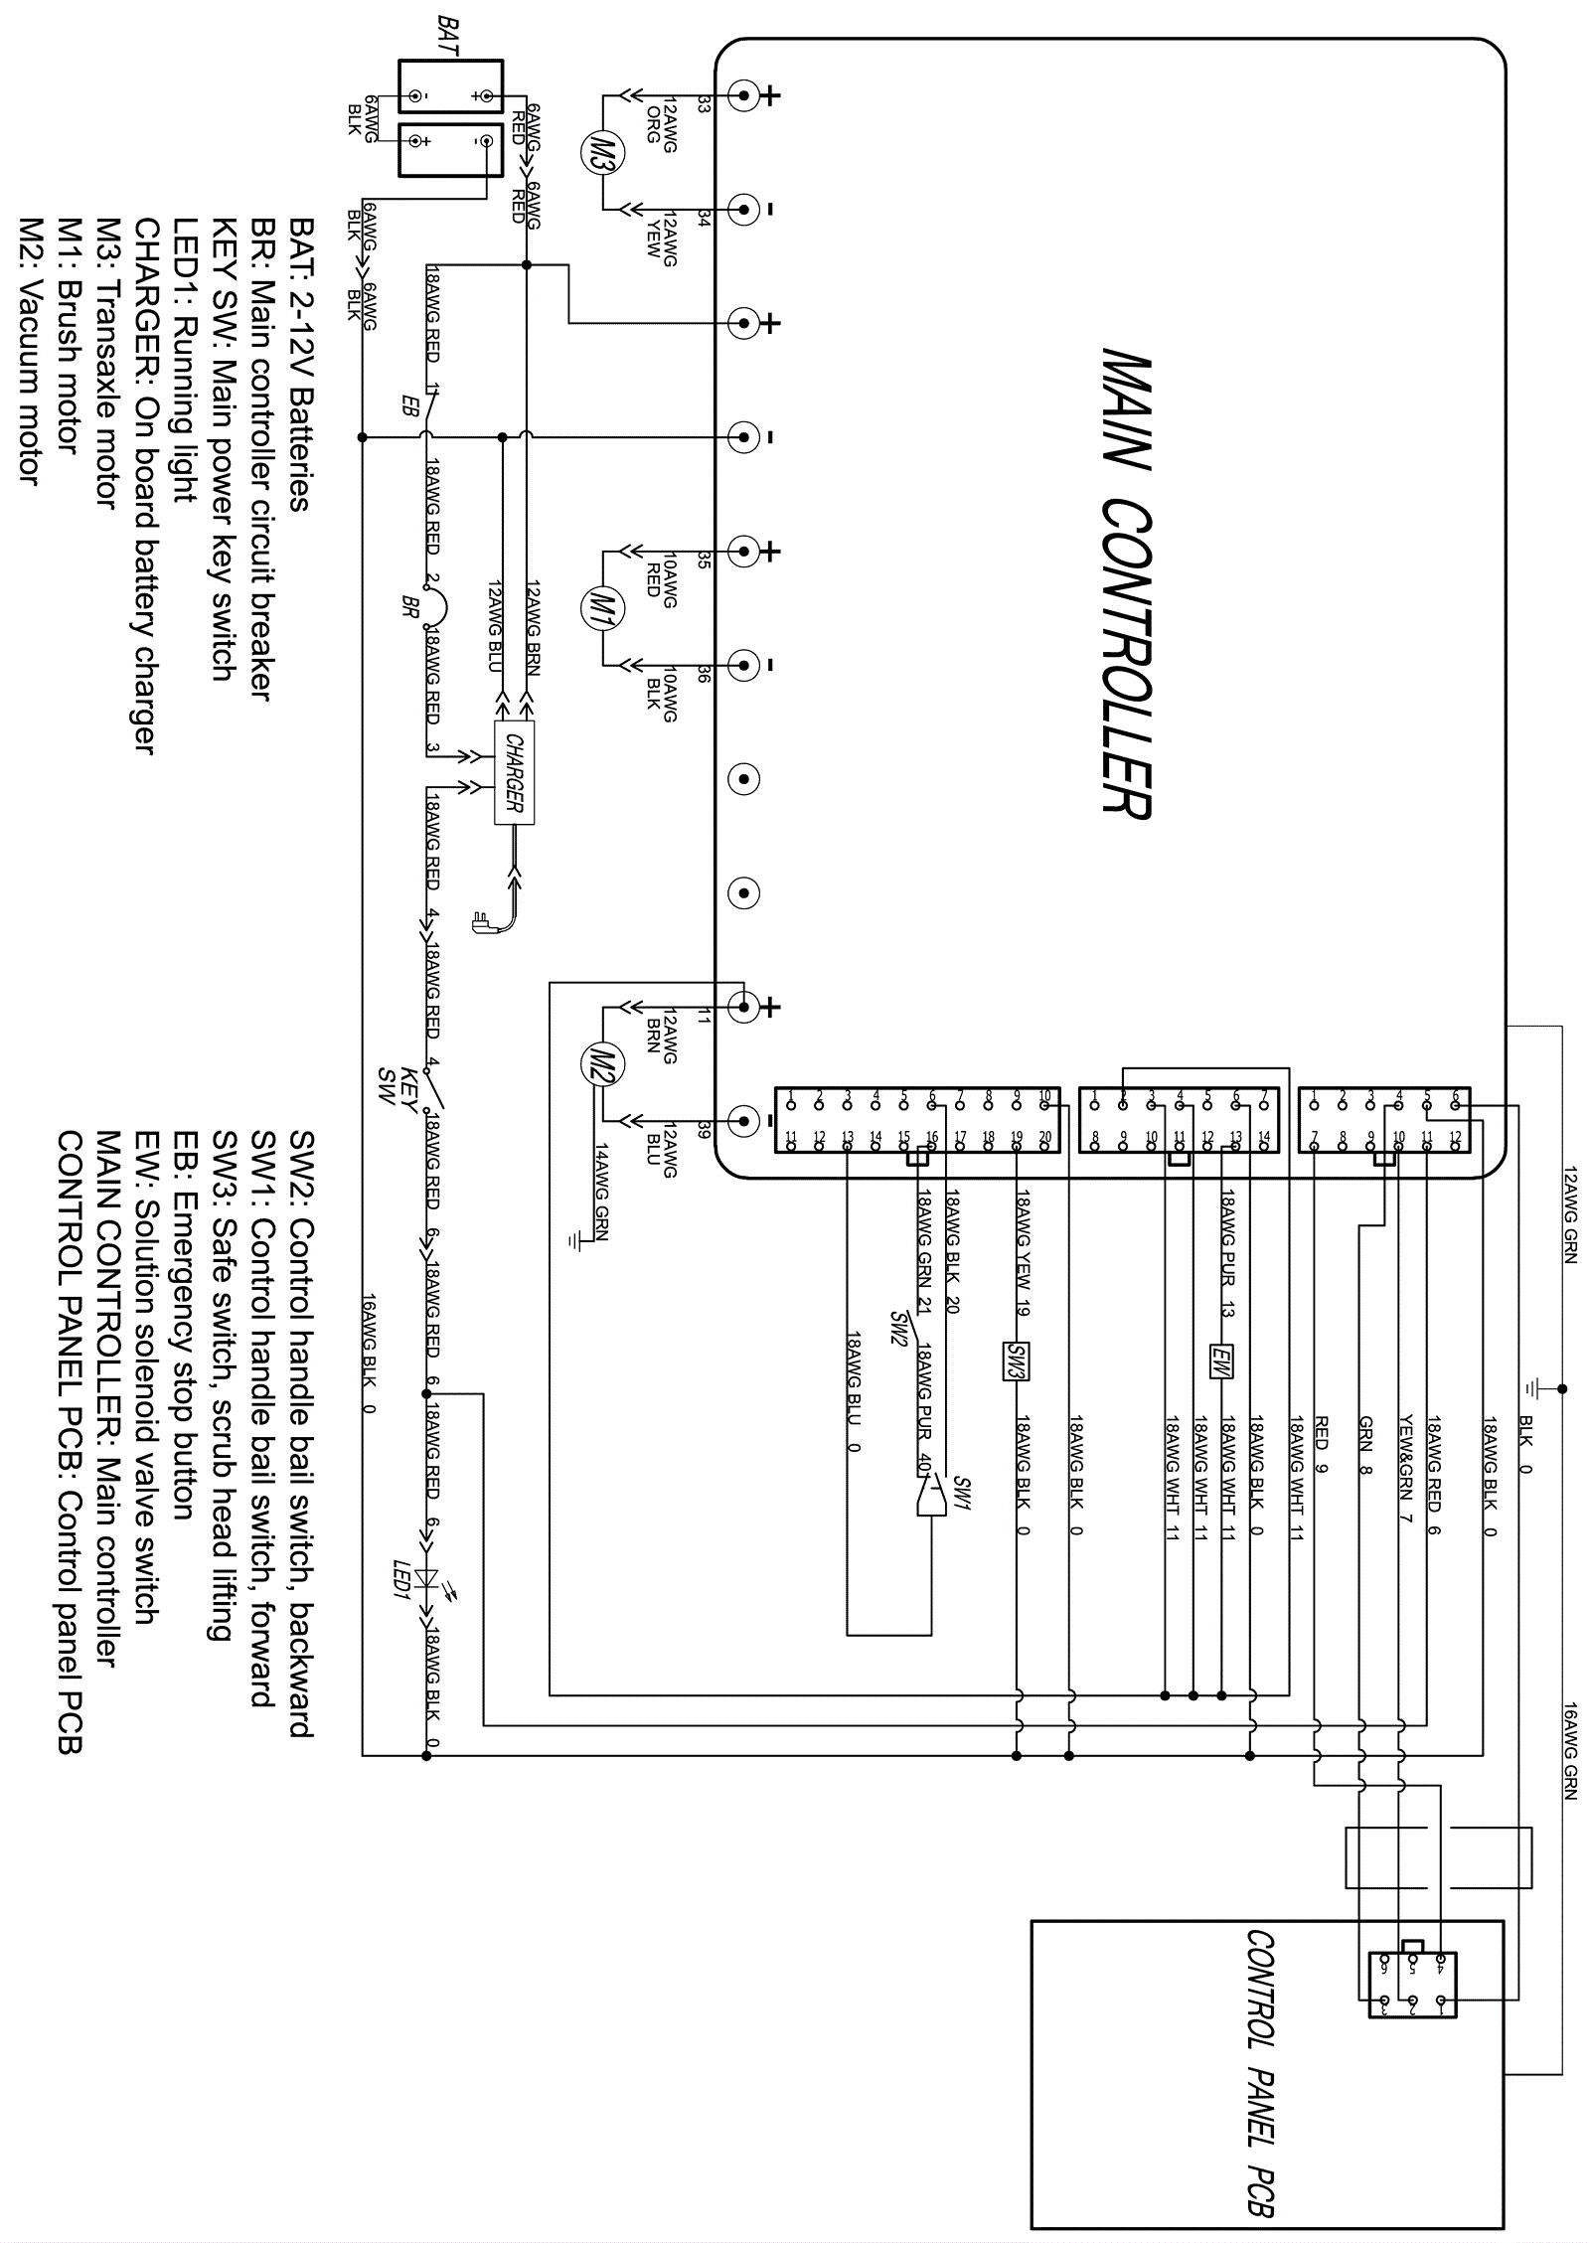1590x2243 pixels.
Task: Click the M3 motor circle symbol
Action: click(601, 152)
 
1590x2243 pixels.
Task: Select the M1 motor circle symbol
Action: click(601, 606)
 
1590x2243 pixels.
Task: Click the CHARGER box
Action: click(514, 771)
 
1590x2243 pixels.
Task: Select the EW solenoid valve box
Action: click(1220, 1361)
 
